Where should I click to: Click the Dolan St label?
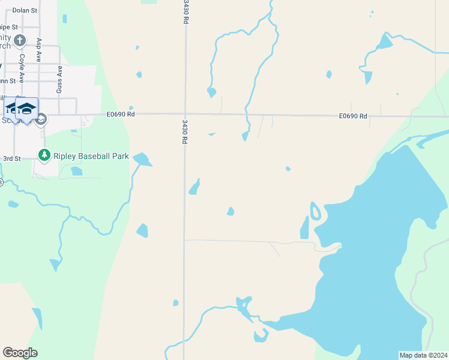[x=25, y=11]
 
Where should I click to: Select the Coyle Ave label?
[x=22, y=68]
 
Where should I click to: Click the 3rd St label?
[x=12, y=158]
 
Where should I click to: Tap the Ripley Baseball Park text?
[x=91, y=156]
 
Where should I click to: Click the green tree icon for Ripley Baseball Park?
[x=44, y=155]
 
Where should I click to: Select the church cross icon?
[x=19, y=41]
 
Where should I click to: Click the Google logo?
[x=20, y=353]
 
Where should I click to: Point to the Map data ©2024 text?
[x=423, y=355]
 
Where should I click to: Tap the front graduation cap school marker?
[x=26, y=109]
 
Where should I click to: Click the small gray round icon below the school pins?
[x=41, y=119]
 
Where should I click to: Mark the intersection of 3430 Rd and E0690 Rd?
[x=185, y=114]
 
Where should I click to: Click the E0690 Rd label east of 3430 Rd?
[x=352, y=116]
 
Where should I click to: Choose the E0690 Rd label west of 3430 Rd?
[x=121, y=114]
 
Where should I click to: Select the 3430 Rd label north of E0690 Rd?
[x=185, y=12]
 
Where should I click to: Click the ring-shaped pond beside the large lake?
[x=315, y=211]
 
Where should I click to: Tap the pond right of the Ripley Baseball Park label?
[x=143, y=160]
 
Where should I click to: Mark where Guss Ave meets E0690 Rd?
[x=59, y=114]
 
